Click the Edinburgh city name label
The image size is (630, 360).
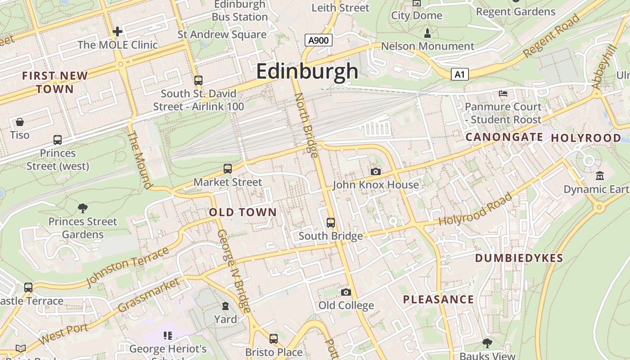point(307,71)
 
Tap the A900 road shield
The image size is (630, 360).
point(318,40)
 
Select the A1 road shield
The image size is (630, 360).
point(459,74)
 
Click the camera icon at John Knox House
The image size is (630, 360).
point(375,171)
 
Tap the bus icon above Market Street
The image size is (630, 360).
point(228,169)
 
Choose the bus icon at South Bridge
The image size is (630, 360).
point(331,222)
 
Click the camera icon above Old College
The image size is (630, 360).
point(346,292)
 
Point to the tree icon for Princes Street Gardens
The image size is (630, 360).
point(82,208)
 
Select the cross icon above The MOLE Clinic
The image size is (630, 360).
point(117,31)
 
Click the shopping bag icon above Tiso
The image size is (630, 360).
point(20,121)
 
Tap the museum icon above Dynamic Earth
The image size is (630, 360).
point(599,175)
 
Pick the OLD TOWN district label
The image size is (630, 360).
point(243,212)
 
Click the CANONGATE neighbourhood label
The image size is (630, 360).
point(504,137)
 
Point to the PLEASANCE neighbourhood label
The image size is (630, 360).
point(438,299)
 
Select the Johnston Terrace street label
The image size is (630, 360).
point(127,266)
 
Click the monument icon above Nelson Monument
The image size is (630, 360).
point(427,33)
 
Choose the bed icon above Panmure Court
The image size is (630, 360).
point(503,94)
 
